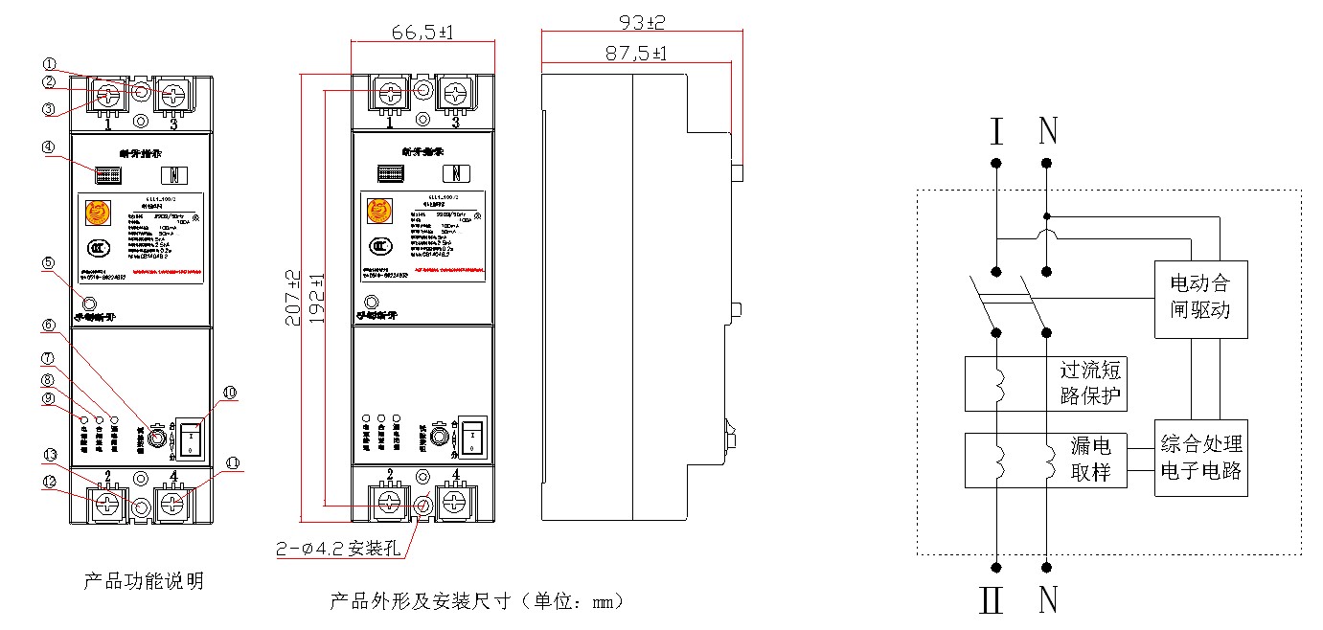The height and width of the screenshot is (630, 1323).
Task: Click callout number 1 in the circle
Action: pyautogui.click(x=77, y=63)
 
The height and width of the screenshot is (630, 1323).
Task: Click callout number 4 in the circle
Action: pyautogui.click(x=75, y=148)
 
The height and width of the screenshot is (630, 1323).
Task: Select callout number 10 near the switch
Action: pyautogui.click(x=229, y=392)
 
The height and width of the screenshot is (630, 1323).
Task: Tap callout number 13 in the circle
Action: pyautogui.click(x=77, y=454)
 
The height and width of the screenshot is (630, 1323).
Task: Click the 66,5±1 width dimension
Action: pyautogui.click(x=422, y=33)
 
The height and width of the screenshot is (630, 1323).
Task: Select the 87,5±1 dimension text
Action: pyautogui.click(x=636, y=54)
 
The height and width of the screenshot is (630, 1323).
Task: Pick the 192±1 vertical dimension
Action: pyautogui.click(x=316, y=298)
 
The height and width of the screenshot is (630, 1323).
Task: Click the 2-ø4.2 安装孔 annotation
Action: pyautogui.click(x=337, y=549)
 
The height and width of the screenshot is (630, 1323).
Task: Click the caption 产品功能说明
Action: pyautogui.click(x=144, y=581)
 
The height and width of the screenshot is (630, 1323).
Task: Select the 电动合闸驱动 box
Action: pyautogui.click(x=1200, y=298)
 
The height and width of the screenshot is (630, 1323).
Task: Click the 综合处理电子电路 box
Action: pyautogui.click(x=1200, y=457)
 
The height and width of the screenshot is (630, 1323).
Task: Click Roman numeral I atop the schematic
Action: pyautogui.click(x=996, y=130)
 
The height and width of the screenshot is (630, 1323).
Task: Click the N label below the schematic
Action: pyautogui.click(x=1048, y=600)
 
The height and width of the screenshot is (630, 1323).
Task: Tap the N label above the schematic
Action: pyautogui.click(x=1048, y=130)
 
